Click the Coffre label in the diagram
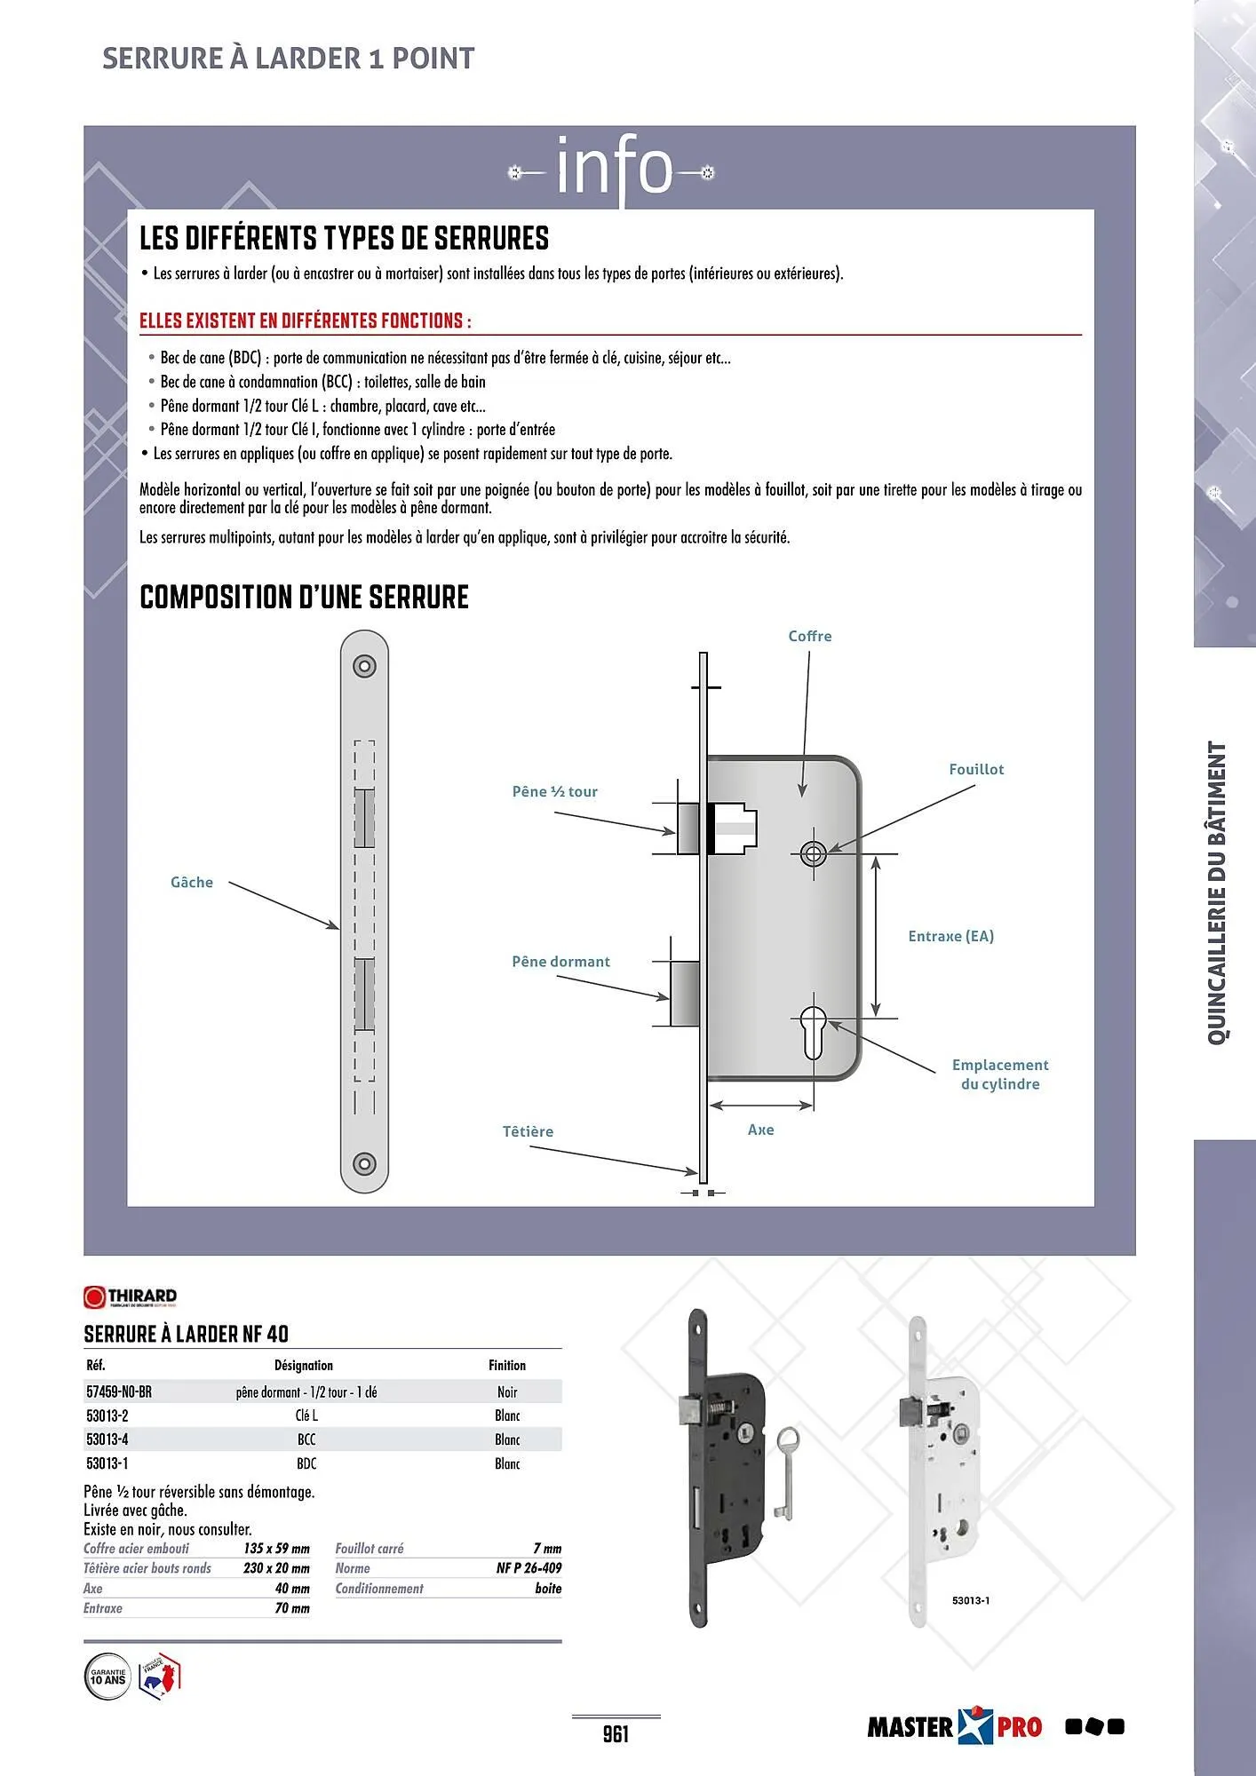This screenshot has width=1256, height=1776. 809,636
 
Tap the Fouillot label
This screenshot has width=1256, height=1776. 975,769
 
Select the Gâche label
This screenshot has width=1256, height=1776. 192,882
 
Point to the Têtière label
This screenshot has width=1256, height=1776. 528,1131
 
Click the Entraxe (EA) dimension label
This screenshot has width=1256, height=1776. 950,936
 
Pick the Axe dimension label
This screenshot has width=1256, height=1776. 760,1130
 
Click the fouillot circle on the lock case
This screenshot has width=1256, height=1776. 813,854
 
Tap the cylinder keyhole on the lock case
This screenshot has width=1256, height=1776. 813,1032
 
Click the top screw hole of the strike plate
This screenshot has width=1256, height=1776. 364,666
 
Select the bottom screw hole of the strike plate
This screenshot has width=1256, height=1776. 364,1164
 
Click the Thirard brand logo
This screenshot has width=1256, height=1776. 131,1297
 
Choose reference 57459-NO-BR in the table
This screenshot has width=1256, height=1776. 119,1391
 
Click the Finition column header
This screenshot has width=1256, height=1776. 506,1365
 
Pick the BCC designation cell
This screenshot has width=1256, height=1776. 306,1439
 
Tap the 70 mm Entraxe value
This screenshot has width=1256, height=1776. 292,1608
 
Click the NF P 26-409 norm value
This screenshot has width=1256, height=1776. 529,1568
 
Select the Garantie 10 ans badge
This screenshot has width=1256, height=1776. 107,1677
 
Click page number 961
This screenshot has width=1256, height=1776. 616,1733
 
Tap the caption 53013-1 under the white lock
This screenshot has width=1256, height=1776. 970,1600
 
